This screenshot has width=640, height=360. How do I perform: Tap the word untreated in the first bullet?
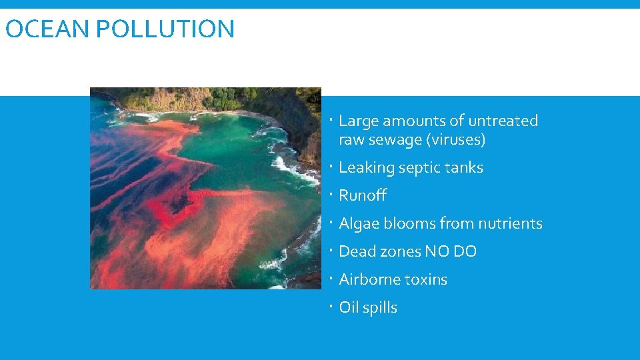pyautogui.click(x=503, y=121)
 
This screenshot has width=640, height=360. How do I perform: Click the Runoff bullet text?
pyautogui.click(x=363, y=196)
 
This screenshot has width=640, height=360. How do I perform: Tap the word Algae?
pyautogui.click(x=359, y=224)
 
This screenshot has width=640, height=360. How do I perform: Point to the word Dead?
pyautogui.click(x=357, y=252)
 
